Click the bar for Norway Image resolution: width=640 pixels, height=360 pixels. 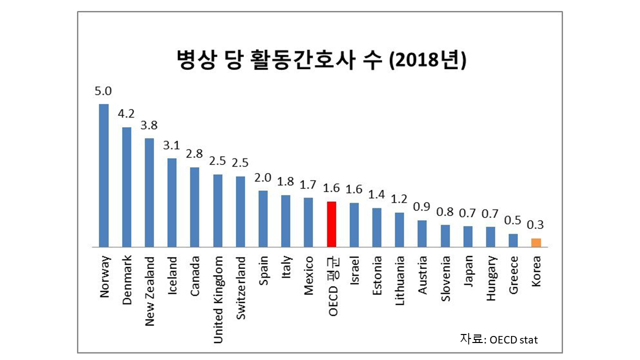(x=103, y=175)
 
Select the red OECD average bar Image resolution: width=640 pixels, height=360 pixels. (x=331, y=224)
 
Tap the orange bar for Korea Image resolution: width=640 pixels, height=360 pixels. (x=536, y=242)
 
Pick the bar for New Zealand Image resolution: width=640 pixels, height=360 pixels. (x=149, y=192)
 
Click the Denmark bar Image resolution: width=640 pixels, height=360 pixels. (x=126, y=187)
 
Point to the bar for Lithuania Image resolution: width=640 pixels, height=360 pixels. (x=399, y=229)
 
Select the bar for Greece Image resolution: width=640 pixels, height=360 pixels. (x=513, y=240)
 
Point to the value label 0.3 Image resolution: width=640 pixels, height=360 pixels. (x=536, y=224)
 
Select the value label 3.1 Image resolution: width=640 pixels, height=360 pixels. (x=171, y=145)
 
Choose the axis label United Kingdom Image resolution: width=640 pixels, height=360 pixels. (x=218, y=300)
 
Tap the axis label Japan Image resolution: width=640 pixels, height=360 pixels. (x=468, y=272)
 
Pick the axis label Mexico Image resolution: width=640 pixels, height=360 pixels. (x=309, y=276)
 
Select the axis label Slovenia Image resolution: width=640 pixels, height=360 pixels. (x=445, y=279)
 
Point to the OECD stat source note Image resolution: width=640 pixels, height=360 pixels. (x=498, y=339)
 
